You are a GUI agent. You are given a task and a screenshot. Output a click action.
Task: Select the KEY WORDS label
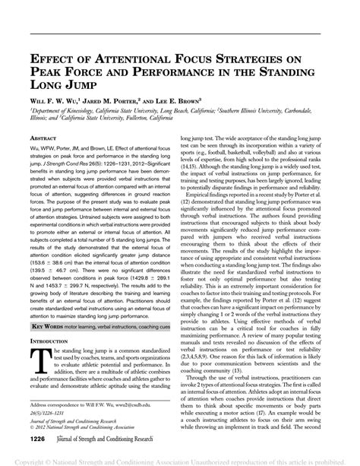click(x=49, y=325)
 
